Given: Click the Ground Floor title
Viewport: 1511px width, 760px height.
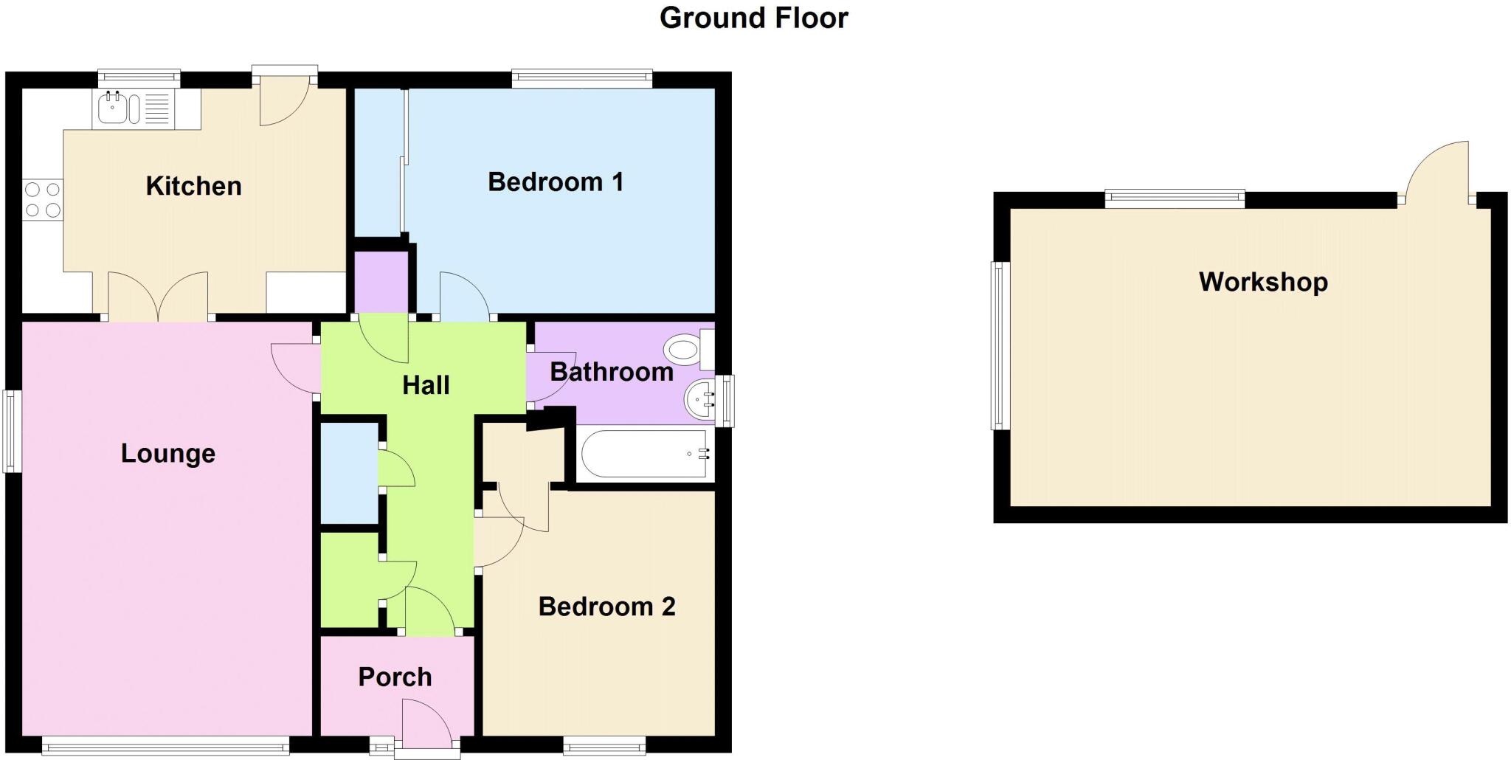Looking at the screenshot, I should click(x=753, y=18).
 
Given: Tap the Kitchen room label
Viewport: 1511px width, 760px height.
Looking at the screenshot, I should click(x=193, y=186).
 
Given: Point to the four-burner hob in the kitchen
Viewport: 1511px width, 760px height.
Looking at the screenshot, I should click(x=42, y=200).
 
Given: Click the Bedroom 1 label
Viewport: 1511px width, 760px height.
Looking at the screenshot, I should click(x=556, y=182).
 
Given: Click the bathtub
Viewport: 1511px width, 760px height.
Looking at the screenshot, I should click(x=645, y=454).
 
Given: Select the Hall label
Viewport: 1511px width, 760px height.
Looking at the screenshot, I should click(x=426, y=384).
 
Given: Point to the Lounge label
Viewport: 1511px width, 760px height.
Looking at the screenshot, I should click(x=168, y=453).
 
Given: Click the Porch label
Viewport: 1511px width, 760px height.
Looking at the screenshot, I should click(x=395, y=677).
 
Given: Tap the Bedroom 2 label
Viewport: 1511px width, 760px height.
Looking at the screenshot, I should click(x=606, y=607).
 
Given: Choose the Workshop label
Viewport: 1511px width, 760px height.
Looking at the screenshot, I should click(x=1263, y=282).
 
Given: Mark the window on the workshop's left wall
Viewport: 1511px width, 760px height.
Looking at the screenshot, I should click(x=1000, y=345).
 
